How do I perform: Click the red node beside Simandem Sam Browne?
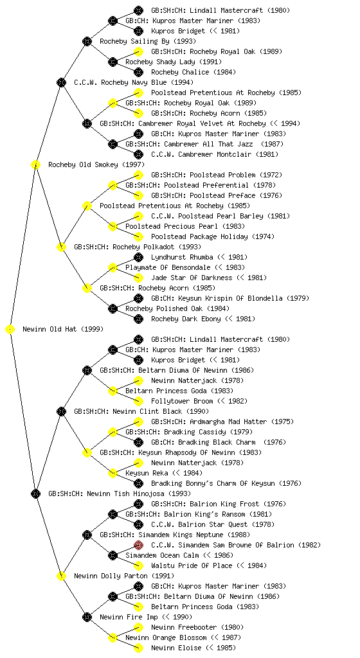tap(138, 545)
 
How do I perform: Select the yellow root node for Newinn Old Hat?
tap(10, 330)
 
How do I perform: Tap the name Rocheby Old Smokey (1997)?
tap(96, 164)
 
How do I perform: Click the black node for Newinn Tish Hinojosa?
tap(35, 494)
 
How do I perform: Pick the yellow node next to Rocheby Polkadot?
tap(61, 247)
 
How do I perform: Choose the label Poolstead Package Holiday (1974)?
tap(213, 236)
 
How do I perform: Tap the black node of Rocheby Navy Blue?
tap(61, 83)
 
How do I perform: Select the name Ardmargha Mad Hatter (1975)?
tap(222, 422)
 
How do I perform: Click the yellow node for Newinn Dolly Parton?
tap(61, 576)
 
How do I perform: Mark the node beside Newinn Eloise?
tap(138, 648)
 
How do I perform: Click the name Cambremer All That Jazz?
tap(204, 144)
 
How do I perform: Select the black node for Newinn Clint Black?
tap(61, 412)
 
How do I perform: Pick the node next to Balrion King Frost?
tap(138, 504)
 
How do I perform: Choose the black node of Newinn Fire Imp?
tap(87, 618)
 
